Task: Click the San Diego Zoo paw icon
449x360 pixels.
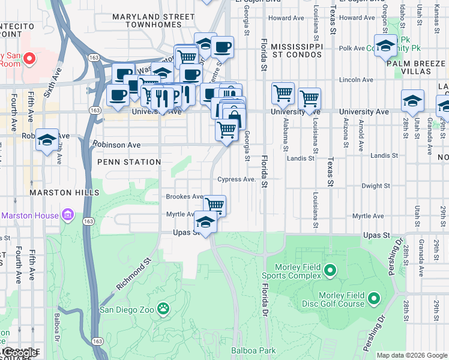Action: point(163,309)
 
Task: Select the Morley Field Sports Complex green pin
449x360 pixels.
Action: point(330,271)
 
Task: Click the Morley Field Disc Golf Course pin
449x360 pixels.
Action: point(374,298)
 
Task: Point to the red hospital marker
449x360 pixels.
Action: point(28,59)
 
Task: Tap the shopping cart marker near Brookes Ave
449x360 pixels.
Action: point(214,205)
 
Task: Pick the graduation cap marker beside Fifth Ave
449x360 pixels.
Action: point(47,139)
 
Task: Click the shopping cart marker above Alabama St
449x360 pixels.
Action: point(283,93)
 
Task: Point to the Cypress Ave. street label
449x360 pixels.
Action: point(237,179)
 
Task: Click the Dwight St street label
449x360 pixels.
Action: point(375,186)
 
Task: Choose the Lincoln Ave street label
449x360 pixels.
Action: point(356,79)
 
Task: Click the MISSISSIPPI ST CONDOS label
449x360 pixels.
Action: point(296,50)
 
